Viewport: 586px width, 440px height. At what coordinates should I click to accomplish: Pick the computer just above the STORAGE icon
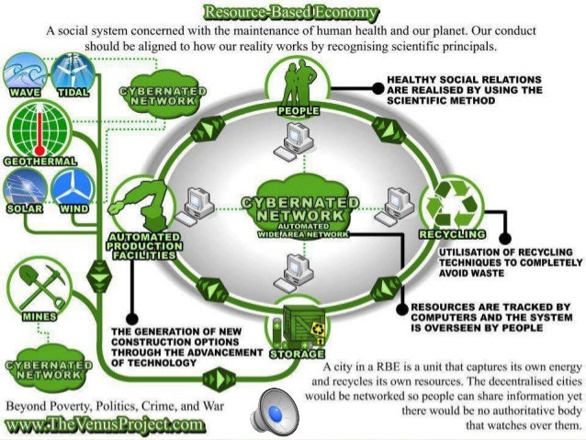coord(298,269)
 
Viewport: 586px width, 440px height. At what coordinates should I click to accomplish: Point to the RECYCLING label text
coord(451,234)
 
